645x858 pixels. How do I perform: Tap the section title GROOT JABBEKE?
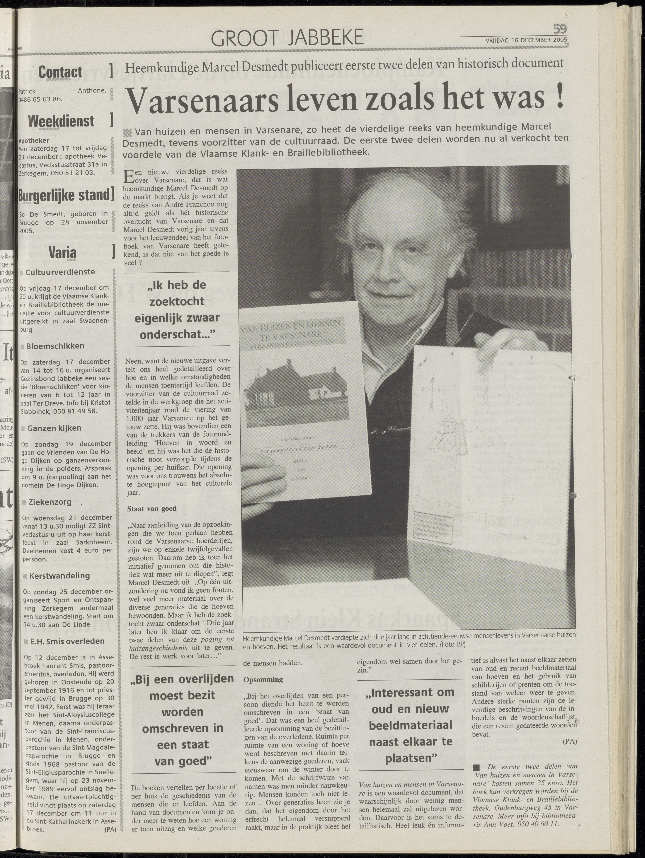pos(287,38)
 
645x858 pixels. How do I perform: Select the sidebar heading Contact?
pos(60,72)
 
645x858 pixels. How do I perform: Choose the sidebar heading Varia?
pos(62,253)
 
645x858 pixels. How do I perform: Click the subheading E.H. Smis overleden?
pos(67,641)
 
